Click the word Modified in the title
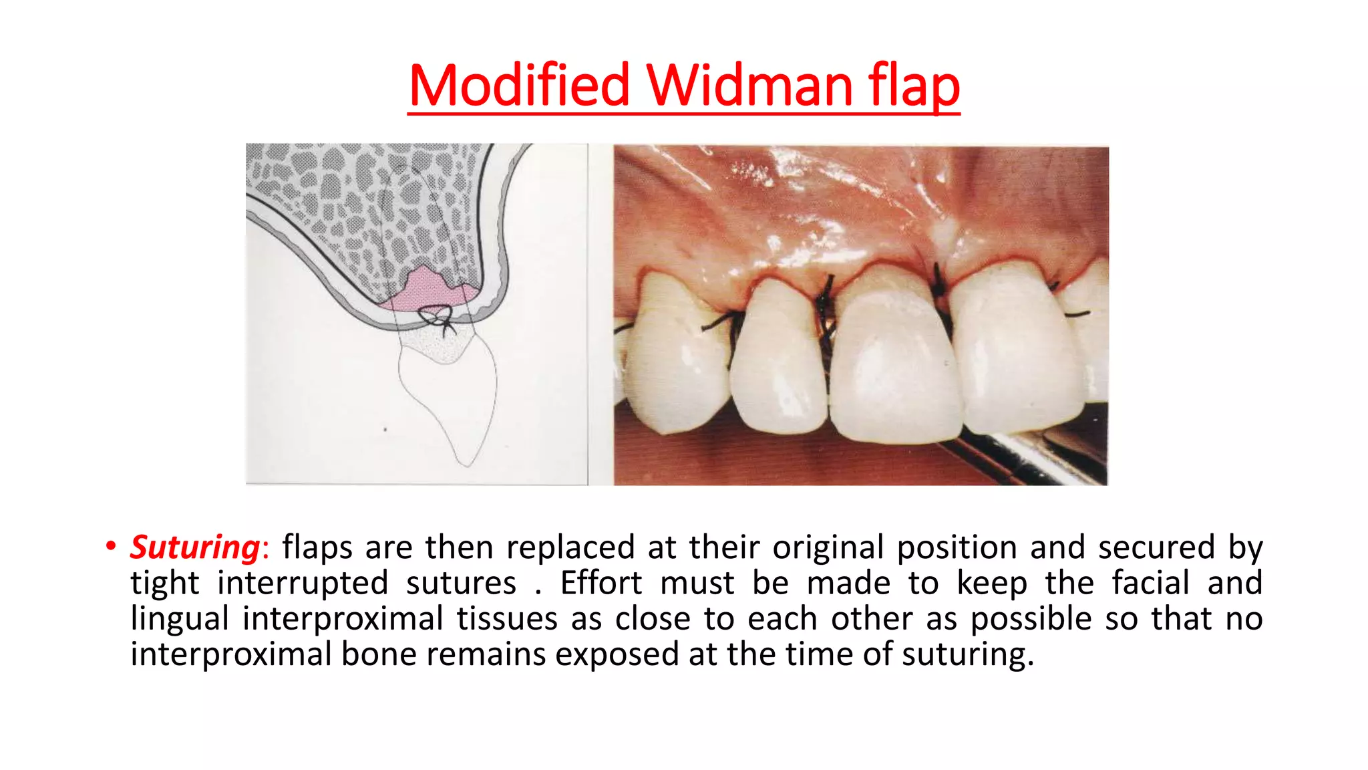click(x=519, y=86)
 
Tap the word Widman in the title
click(x=749, y=86)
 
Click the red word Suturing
click(x=194, y=547)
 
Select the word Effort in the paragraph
click(x=601, y=583)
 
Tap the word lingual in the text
click(x=179, y=619)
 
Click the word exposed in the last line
click(x=617, y=654)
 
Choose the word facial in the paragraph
click(x=1150, y=583)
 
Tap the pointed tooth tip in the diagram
click(x=465, y=463)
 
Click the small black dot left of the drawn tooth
click(x=385, y=429)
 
